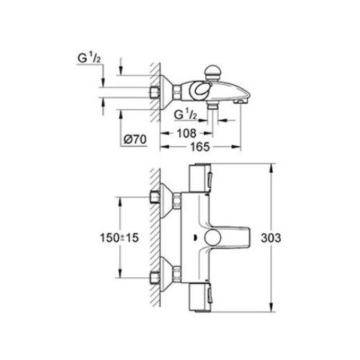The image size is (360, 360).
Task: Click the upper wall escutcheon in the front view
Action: [x=171, y=199]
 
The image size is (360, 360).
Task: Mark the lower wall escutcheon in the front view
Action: [x=171, y=277]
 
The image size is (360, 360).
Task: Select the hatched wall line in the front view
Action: [x=154, y=238]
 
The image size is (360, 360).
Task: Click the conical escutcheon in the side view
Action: [x=171, y=92]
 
